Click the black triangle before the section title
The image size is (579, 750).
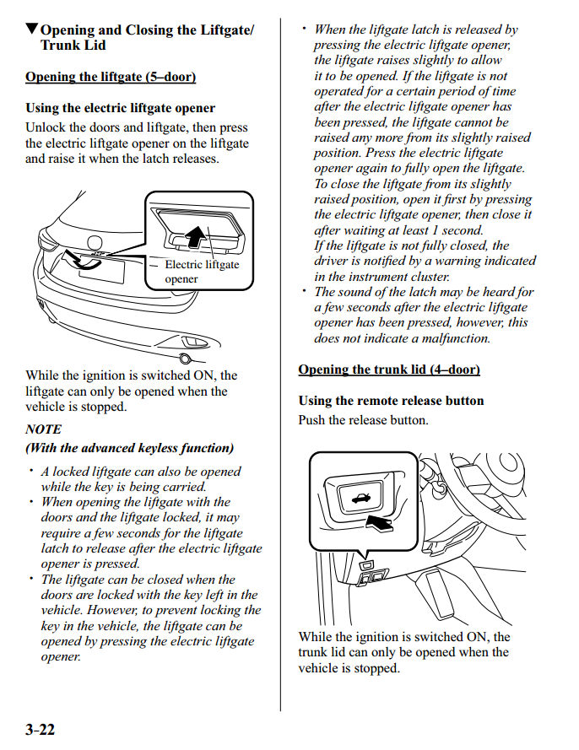tap(32, 30)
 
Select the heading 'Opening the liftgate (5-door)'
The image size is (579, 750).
tap(111, 78)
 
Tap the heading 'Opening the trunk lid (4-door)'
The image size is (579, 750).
tap(389, 370)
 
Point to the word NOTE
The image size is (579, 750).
tap(43, 429)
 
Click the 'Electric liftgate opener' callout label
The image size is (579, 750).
tap(201, 272)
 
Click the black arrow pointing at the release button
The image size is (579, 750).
tap(381, 524)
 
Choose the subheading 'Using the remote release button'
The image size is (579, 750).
tap(391, 401)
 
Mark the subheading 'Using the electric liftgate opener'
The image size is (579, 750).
tap(120, 108)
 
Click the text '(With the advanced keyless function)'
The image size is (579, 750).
tap(129, 448)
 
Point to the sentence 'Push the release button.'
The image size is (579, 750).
tap(363, 420)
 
